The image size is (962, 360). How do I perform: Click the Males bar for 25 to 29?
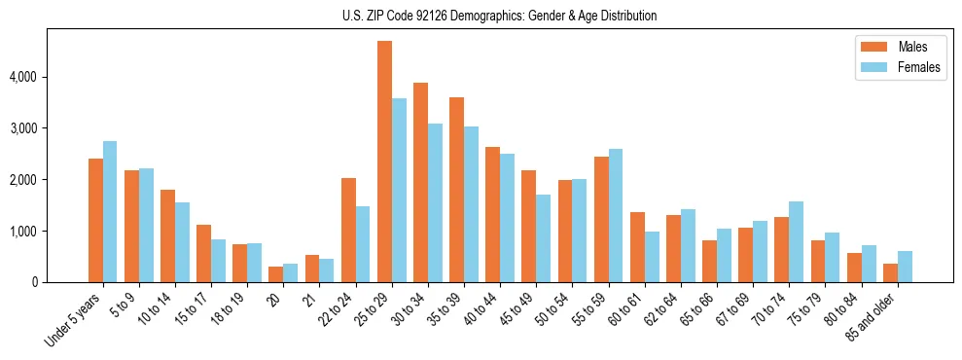384,162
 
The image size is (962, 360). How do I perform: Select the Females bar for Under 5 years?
110,212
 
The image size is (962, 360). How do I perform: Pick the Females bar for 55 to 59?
615,216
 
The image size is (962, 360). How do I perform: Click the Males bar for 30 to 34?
420,183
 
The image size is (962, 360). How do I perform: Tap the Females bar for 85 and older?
905,267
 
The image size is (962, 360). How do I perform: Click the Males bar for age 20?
276,274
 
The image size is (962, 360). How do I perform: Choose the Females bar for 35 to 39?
471,204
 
